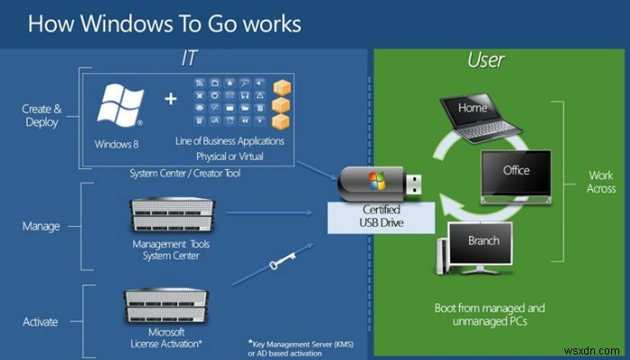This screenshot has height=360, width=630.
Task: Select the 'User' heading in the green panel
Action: (x=485, y=60)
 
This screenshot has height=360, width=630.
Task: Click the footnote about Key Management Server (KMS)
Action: (x=293, y=348)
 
